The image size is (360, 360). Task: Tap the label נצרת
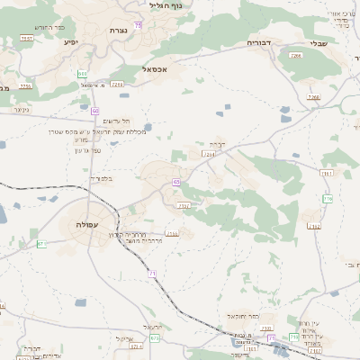[118, 31]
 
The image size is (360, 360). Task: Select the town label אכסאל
[155, 67]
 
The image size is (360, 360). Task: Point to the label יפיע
[72, 41]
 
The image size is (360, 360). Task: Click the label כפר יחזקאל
[243, 317]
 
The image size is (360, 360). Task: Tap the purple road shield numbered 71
[153, 273]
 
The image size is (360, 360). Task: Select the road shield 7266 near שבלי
[296, 56]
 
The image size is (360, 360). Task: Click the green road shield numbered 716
[328, 198]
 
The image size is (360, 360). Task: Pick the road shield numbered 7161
[325, 173]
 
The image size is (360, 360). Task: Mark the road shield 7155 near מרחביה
[172, 234]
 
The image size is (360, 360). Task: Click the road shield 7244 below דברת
[209, 155]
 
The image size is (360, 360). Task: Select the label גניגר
[22, 109]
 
